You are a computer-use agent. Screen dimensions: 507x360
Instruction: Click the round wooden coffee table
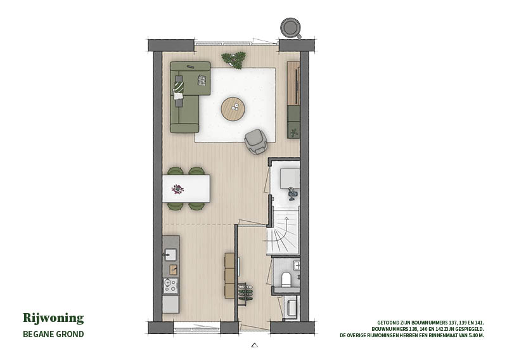233,108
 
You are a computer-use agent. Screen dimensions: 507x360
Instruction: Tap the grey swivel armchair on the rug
255,141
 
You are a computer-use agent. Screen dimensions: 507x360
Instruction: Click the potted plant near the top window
233,60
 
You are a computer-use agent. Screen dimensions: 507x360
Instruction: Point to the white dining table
186,189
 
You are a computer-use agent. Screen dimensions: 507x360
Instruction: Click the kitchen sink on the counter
170,255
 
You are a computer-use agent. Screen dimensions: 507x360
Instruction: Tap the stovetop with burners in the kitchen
170,285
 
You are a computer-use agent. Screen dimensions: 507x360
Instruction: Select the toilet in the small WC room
286,280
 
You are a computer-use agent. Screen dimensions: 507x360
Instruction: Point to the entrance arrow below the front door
255,345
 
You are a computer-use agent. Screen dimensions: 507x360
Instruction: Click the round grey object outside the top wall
291,28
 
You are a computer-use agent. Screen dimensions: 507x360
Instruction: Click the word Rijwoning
53,318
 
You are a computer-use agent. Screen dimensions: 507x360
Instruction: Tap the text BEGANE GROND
53,334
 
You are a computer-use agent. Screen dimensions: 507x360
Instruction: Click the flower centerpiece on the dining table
177,189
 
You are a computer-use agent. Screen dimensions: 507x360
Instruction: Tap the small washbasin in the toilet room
297,266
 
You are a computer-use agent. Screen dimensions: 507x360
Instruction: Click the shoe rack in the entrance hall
245,295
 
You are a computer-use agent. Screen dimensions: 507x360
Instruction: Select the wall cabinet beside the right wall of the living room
293,100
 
